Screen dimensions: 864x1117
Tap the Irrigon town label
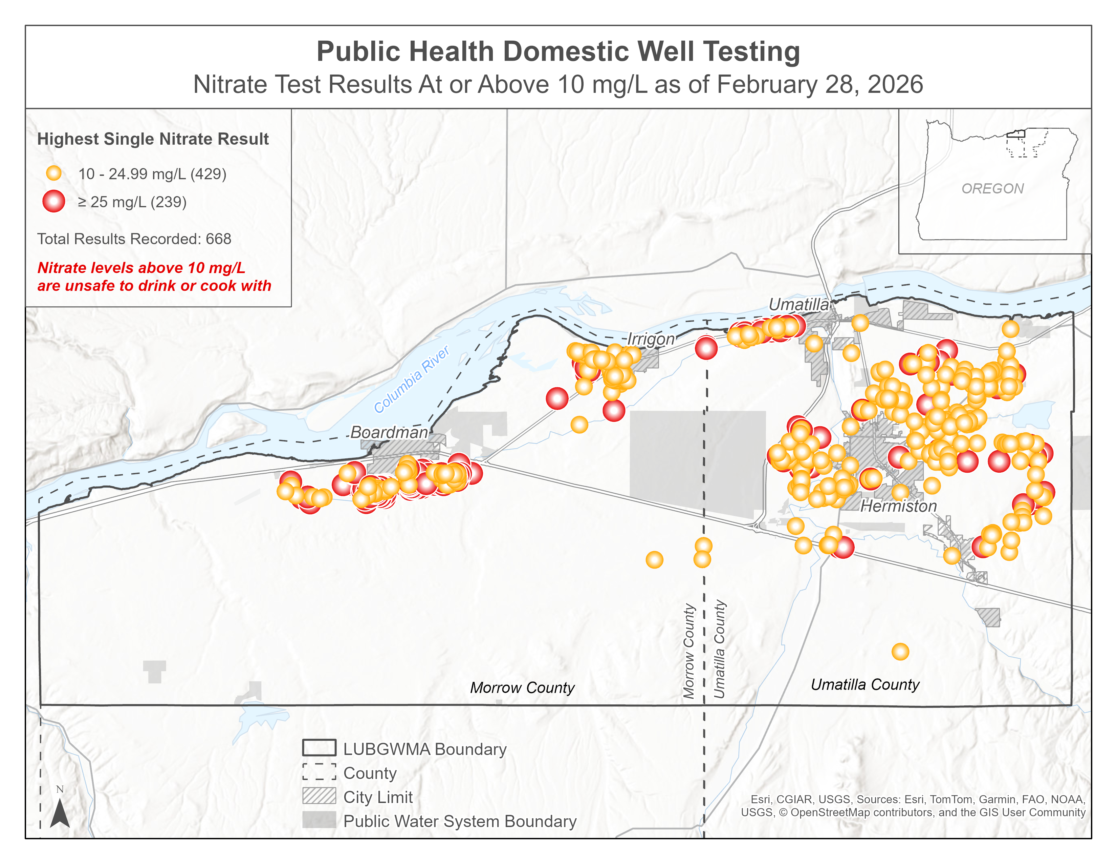(651, 339)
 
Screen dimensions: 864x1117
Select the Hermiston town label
(899, 506)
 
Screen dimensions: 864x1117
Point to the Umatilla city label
(798, 305)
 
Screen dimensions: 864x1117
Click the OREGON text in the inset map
(992, 188)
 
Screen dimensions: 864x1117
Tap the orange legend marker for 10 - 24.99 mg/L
(54, 173)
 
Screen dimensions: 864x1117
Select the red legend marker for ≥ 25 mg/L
(54, 201)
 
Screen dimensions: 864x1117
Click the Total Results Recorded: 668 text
(134, 239)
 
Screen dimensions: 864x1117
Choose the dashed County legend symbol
(319, 772)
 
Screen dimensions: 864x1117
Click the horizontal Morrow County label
(522, 687)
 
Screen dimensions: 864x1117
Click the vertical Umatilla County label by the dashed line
(720, 649)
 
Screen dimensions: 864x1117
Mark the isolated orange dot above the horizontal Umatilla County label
(900, 652)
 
